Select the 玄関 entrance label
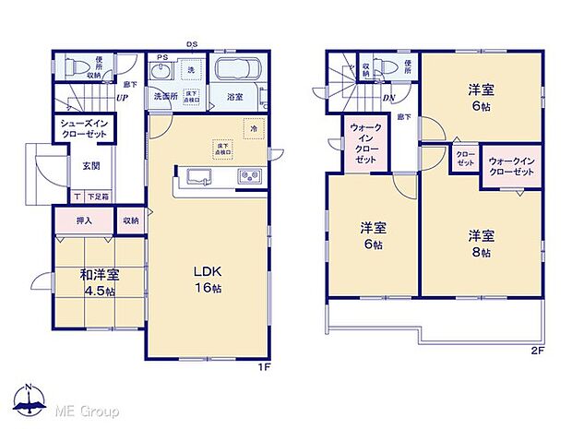(90, 167)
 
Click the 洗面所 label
(166, 95)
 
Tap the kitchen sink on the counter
(199, 177)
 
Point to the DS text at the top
(192, 42)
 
